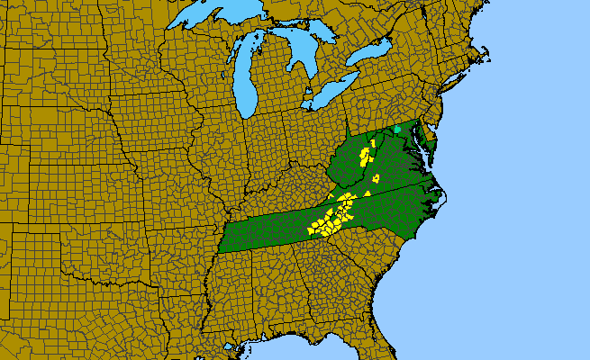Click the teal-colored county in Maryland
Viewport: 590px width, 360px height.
click(x=397, y=130)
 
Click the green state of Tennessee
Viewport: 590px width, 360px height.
click(x=270, y=229)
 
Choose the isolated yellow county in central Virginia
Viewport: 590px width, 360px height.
click(x=376, y=178)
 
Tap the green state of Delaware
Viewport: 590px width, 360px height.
click(x=430, y=138)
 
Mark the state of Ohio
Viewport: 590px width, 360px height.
click(x=310, y=135)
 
